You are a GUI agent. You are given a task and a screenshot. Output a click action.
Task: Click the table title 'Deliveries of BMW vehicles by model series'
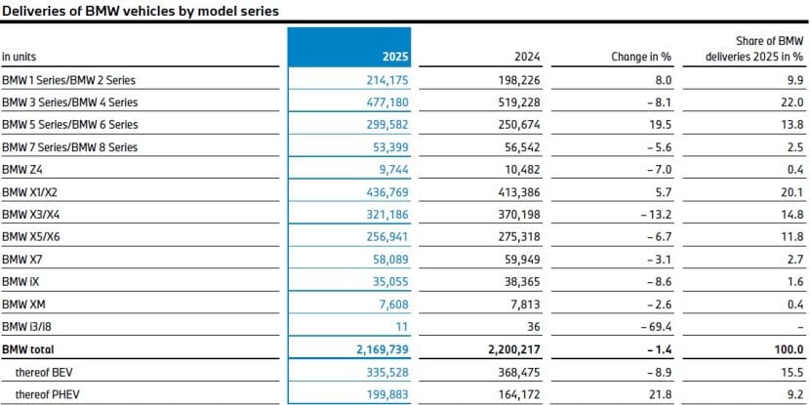click(x=140, y=12)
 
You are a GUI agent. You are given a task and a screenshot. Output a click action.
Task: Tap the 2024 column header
click(x=528, y=57)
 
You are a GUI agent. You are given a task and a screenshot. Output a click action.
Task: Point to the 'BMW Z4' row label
click(x=21, y=170)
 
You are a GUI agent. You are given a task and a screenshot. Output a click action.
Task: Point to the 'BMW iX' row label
click(x=20, y=282)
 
